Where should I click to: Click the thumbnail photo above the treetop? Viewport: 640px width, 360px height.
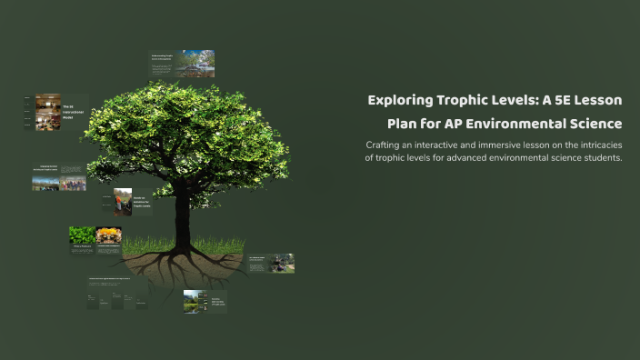[195, 63]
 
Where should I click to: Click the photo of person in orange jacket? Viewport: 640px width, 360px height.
[123, 201]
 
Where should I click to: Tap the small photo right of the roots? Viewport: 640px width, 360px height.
[282, 264]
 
